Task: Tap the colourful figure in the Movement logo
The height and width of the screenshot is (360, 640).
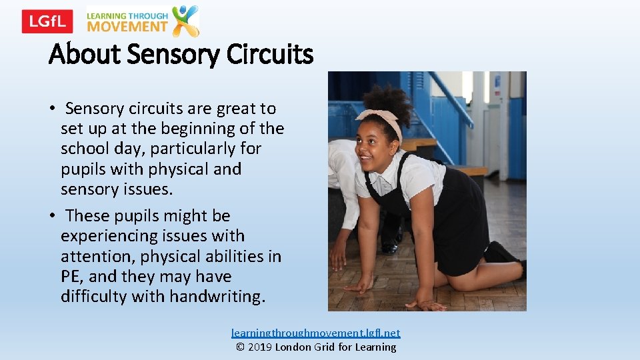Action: click(x=185, y=21)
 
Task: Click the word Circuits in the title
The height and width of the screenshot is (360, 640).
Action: click(x=269, y=54)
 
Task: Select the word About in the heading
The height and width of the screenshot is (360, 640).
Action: click(x=84, y=54)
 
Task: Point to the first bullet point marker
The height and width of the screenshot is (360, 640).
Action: click(x=51, y=109)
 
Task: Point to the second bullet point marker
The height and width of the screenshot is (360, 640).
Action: click(x=51, y=216)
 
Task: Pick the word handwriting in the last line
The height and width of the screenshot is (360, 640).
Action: click(x=217, y=297)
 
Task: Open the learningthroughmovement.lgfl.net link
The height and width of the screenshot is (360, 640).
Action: click(x=316, y=333)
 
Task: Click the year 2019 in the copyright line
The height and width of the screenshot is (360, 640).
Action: click(x=261, y=347)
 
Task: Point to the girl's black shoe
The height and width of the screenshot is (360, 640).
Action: click(x=500, y=253)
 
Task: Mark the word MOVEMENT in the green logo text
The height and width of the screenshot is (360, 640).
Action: click(x=127, y=27)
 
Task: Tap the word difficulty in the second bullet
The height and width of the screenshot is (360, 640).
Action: click(x=94, y=297)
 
